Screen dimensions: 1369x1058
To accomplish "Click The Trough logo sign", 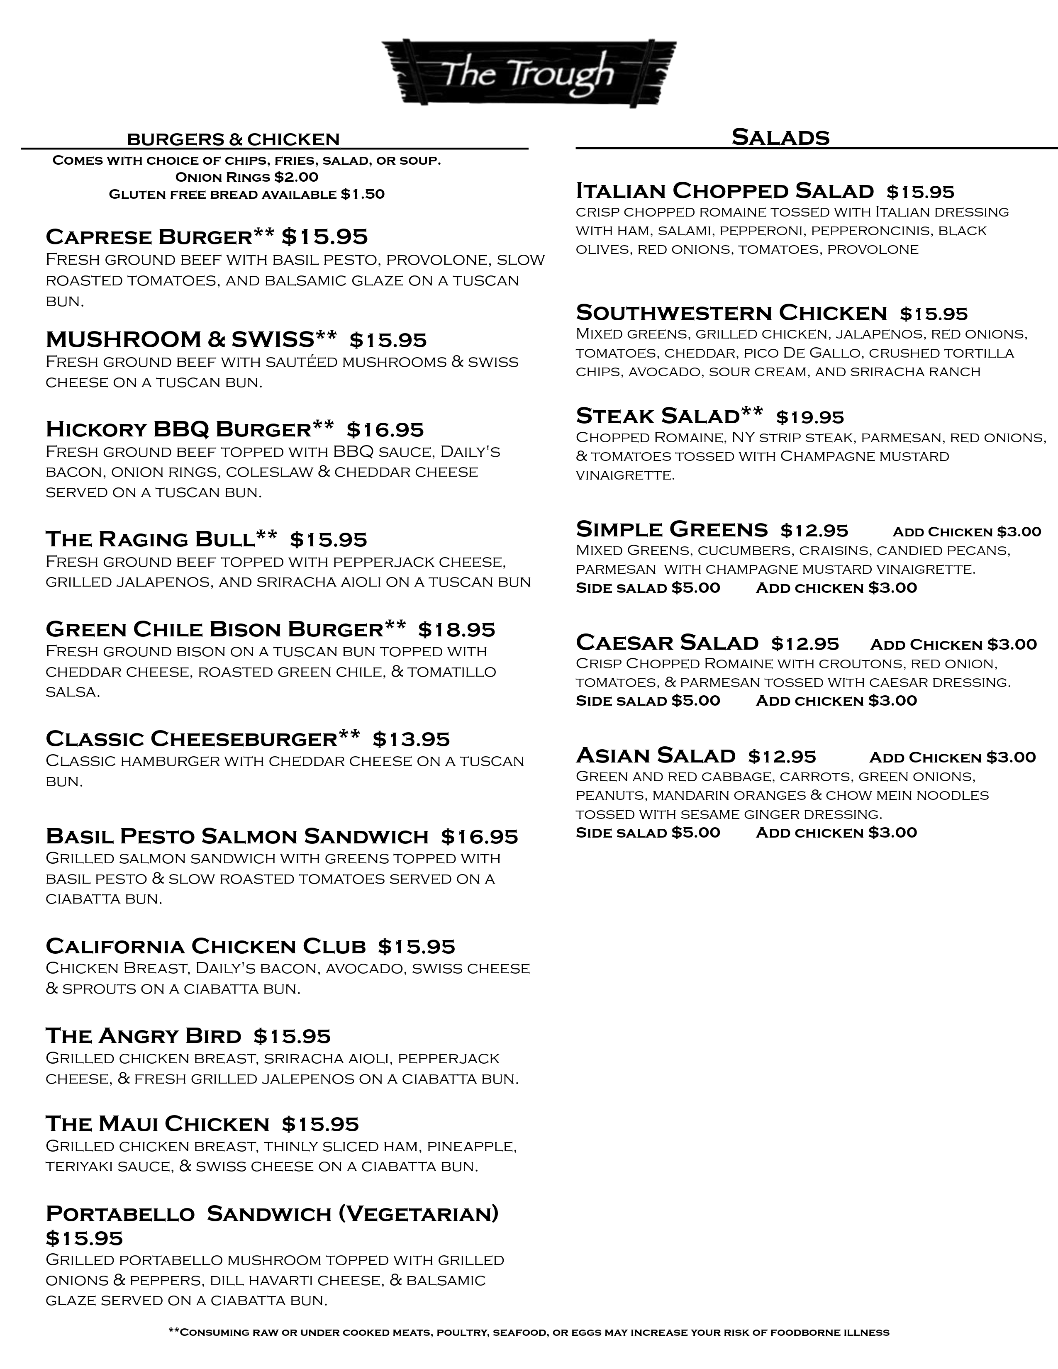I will (x=528, y=74).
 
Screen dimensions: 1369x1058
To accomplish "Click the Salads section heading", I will (x=780, y=137).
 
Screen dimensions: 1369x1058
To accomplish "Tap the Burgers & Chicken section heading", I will (x=233, y=139).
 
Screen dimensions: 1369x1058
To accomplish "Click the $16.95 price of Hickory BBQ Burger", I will (x=385, y=430).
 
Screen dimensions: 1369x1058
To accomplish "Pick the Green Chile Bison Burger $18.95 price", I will (x=457, y=629).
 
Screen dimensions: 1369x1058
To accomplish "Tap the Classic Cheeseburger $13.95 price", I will (x=411, y=740).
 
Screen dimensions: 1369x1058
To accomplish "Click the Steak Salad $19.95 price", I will (x=810, y=417).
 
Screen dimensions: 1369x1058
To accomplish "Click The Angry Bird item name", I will (x=144, y=1036).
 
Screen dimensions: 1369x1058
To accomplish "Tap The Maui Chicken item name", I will (x=157, y=1124).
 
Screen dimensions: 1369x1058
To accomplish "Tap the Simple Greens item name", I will (x=672, y=530).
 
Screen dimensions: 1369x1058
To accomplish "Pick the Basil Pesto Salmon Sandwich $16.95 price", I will (x=480, y=837).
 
